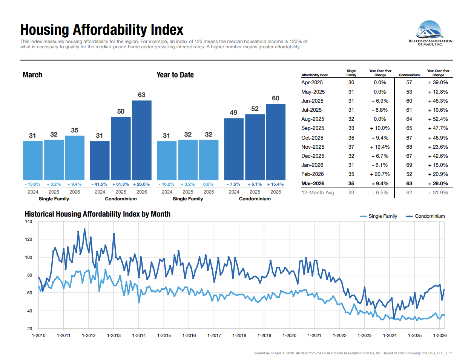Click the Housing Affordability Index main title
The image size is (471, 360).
(102, 30)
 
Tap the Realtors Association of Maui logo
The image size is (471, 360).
(430, 33)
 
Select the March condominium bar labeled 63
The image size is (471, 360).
(142, 140)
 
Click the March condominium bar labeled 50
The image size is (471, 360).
(121, 148)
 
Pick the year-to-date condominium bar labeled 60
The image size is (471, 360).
(276, 142)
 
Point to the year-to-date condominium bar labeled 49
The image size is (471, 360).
(234, 149)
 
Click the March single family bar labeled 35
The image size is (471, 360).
(75, 158)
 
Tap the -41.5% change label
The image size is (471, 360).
(100, 185)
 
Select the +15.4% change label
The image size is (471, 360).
(275, 185)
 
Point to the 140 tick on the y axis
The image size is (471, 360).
(29, 222)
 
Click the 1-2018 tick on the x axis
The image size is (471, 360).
(239, 335)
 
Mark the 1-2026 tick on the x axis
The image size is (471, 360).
(440, 335)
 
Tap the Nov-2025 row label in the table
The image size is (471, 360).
(313, 147)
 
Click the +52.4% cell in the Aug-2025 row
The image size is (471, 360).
(438, 119)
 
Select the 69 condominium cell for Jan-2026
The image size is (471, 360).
(409, 165)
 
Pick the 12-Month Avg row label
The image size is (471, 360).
(318, 193)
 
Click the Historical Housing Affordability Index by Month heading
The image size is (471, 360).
(97, 214)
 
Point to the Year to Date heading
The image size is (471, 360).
(175, 75)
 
